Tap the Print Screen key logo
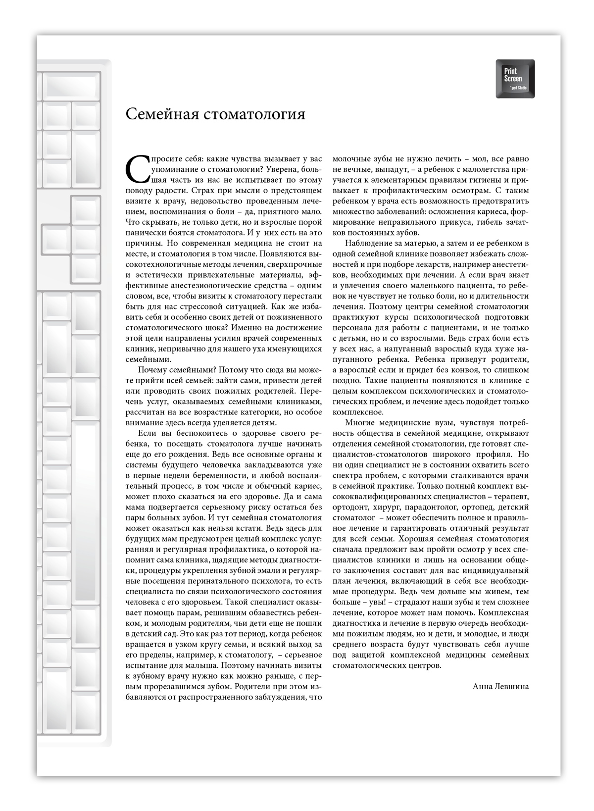515,79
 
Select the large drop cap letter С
137,169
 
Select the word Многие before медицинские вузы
359,422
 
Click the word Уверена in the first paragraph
281,169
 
